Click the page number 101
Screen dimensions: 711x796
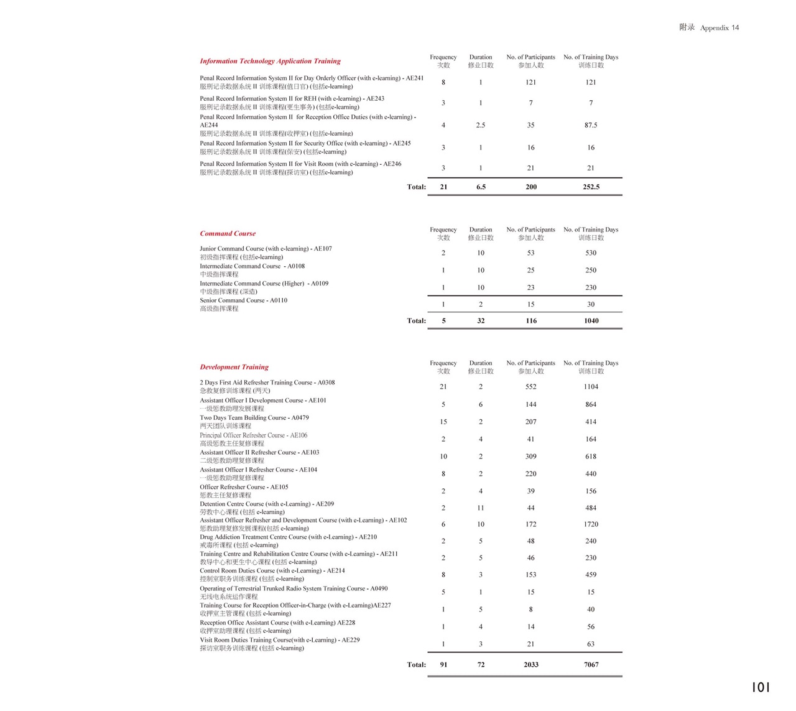761,687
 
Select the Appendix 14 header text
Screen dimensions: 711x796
709,27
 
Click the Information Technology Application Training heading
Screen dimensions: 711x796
270,61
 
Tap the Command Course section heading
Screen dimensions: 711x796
228,233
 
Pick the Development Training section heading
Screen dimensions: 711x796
234,367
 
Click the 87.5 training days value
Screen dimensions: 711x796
591,125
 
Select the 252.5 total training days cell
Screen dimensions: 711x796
591,187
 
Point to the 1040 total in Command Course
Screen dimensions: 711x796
591,321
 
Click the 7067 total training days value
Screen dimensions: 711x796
591,664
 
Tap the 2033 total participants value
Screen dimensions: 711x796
530,664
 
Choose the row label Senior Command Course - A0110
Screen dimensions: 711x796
243,300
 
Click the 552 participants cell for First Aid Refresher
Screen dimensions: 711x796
530,386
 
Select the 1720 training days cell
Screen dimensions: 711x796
591,524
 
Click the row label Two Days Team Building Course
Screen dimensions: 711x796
254,418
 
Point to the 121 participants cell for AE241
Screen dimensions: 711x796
530,82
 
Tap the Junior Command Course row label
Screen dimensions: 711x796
266,249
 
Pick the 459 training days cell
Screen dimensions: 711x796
591,575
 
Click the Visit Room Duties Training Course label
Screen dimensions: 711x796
279,640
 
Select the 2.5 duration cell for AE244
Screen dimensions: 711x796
481,125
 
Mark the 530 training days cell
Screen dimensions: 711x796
591,253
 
